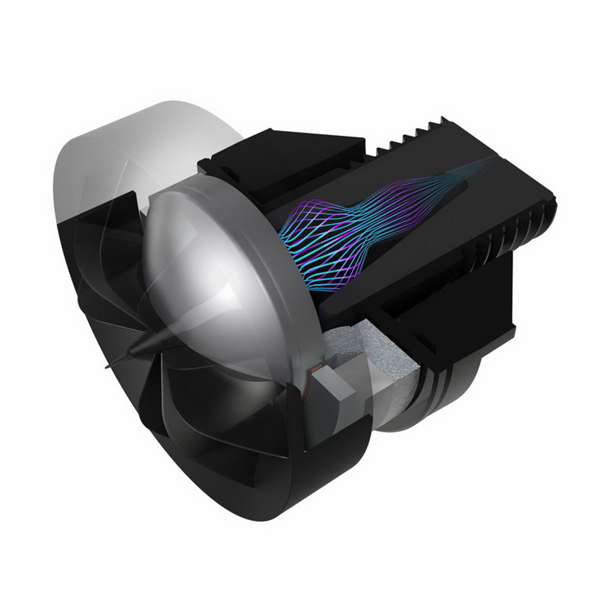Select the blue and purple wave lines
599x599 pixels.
pyautogui.click(x=359, y=222)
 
